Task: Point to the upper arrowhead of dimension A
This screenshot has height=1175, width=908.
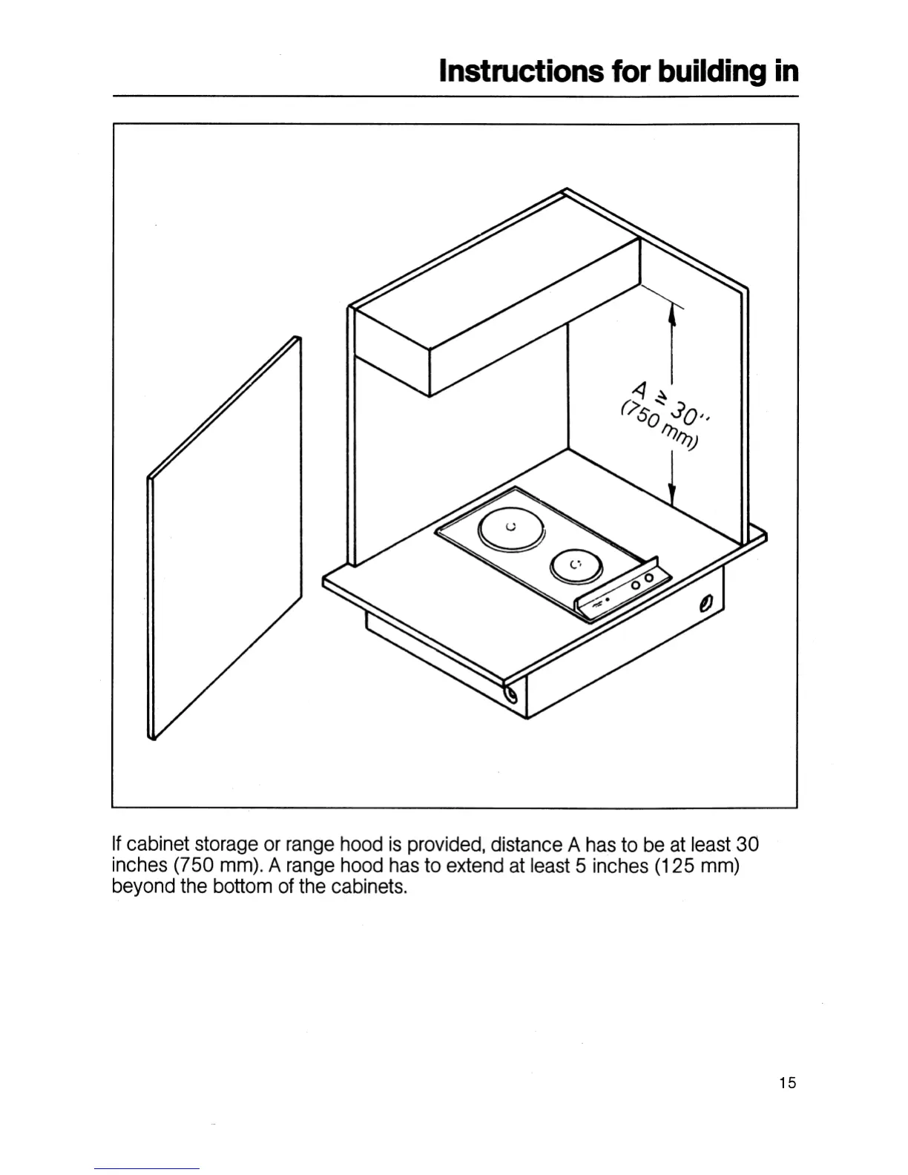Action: (x=671, y=316)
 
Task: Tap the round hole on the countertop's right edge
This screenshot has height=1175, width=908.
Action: (x=705, y=604)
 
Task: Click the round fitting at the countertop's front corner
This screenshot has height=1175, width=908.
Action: (x=510, y=695)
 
